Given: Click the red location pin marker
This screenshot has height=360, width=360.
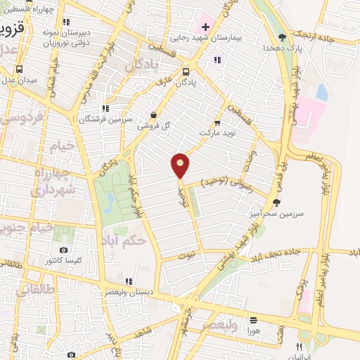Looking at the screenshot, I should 181,165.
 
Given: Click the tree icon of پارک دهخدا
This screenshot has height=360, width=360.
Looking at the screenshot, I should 282,37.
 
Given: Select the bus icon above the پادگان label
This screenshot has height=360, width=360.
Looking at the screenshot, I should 186,71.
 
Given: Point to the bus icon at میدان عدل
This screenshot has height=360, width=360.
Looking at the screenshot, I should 19,69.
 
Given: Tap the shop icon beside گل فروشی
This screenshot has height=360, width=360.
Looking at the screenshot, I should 154,115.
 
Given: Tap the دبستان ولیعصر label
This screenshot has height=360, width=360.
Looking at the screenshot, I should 130,291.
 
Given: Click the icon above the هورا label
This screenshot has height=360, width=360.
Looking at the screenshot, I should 253,319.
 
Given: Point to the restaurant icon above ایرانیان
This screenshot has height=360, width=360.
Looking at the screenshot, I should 300,347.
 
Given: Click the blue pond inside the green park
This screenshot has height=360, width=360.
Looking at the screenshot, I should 109,202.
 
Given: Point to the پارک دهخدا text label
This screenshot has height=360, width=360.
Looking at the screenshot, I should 278,48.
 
